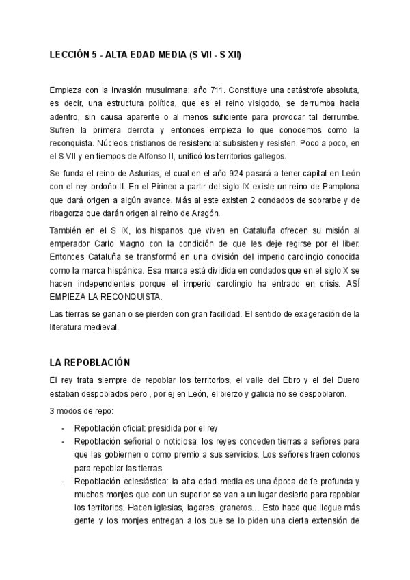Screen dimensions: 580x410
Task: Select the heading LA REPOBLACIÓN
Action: [x=90, y=362]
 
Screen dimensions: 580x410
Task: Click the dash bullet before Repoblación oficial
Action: [x=63, y=427]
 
